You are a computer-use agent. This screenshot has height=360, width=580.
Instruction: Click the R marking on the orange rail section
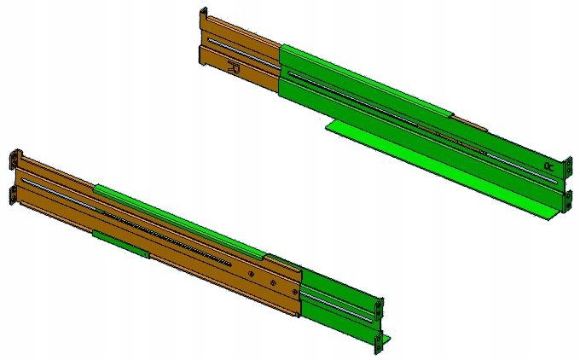pyautogui.click(x=235, y=67)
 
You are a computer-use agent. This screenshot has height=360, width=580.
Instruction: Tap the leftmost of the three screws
pyautogui.click(x=251, y=274)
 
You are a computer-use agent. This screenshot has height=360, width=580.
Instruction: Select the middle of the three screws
pyautogui.click(x=271, y=283)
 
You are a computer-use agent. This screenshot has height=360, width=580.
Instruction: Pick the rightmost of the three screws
pyautogui.click(x=294, y=293)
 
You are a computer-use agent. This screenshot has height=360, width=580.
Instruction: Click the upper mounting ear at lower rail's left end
pyautogui.click(x=14, y=160)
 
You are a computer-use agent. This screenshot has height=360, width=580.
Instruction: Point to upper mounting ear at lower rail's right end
pyautogui.click(x=379, y=305)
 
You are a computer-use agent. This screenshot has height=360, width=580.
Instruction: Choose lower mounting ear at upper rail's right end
pyautogui.click(x=564, y=201)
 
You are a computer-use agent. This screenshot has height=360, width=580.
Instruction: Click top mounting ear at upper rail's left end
pyautogui.click(x=203, y=17)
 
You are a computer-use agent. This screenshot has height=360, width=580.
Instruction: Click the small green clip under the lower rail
pyautogui.click(x=120, y=241)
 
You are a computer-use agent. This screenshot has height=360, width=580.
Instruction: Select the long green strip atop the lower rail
pyautogui.click(x=179, y=219)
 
